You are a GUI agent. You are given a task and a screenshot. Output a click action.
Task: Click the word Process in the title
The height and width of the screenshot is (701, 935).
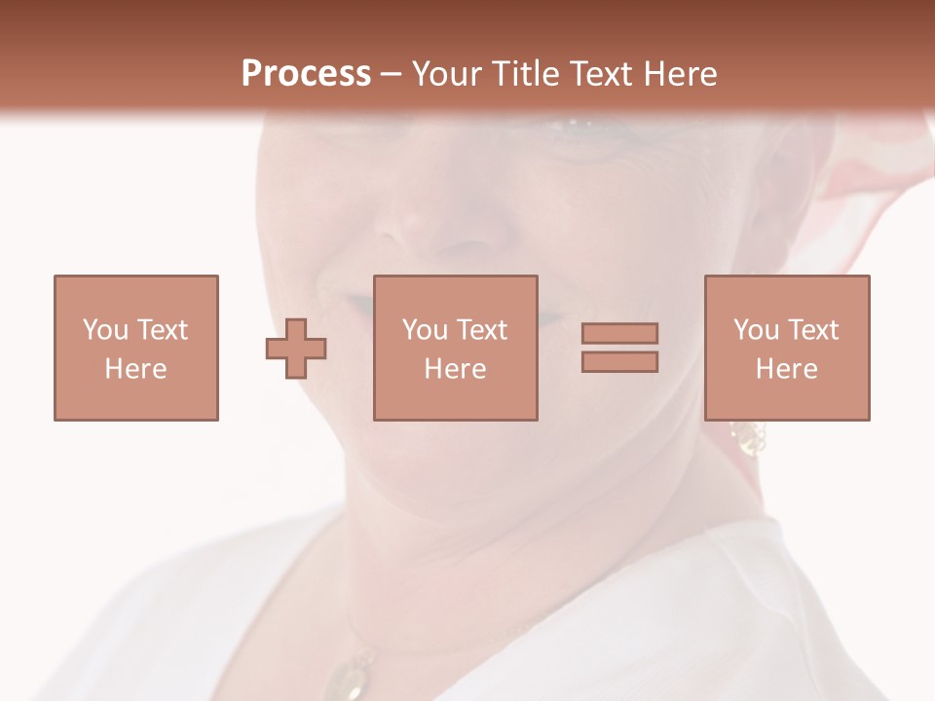[x=306, y=73]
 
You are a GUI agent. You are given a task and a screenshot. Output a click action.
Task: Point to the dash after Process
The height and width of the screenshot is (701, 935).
[x=391, y=74]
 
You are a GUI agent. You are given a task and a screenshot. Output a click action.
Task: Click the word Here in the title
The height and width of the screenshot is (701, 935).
[x=678, y=73]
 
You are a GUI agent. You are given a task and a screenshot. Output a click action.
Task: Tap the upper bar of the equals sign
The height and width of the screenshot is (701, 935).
[x=619, y=333]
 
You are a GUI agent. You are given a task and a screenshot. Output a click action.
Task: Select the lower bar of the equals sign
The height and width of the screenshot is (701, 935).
[x=619, y=361]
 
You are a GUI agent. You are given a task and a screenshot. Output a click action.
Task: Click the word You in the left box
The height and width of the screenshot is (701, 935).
[x=104, y=330]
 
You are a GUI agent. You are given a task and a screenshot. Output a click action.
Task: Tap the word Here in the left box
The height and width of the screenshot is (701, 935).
[x=135, y=368]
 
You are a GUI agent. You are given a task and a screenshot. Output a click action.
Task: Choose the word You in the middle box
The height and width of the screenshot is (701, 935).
[x=425, y=330]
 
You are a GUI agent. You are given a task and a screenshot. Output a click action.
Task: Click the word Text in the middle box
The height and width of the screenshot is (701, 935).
[x=481, y=330]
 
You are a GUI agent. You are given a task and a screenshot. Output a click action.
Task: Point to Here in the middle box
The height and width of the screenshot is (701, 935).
[x=455, y=368]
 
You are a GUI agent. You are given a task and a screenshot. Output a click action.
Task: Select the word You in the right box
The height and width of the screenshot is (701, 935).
[x=756, y=330]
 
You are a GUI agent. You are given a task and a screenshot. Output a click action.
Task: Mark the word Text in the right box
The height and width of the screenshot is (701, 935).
[x=812, y=330]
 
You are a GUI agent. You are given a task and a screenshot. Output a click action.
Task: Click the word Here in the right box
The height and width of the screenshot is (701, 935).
[x=786, y=368]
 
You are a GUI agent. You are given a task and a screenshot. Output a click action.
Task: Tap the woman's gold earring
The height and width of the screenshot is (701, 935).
[x=748, y=438]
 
